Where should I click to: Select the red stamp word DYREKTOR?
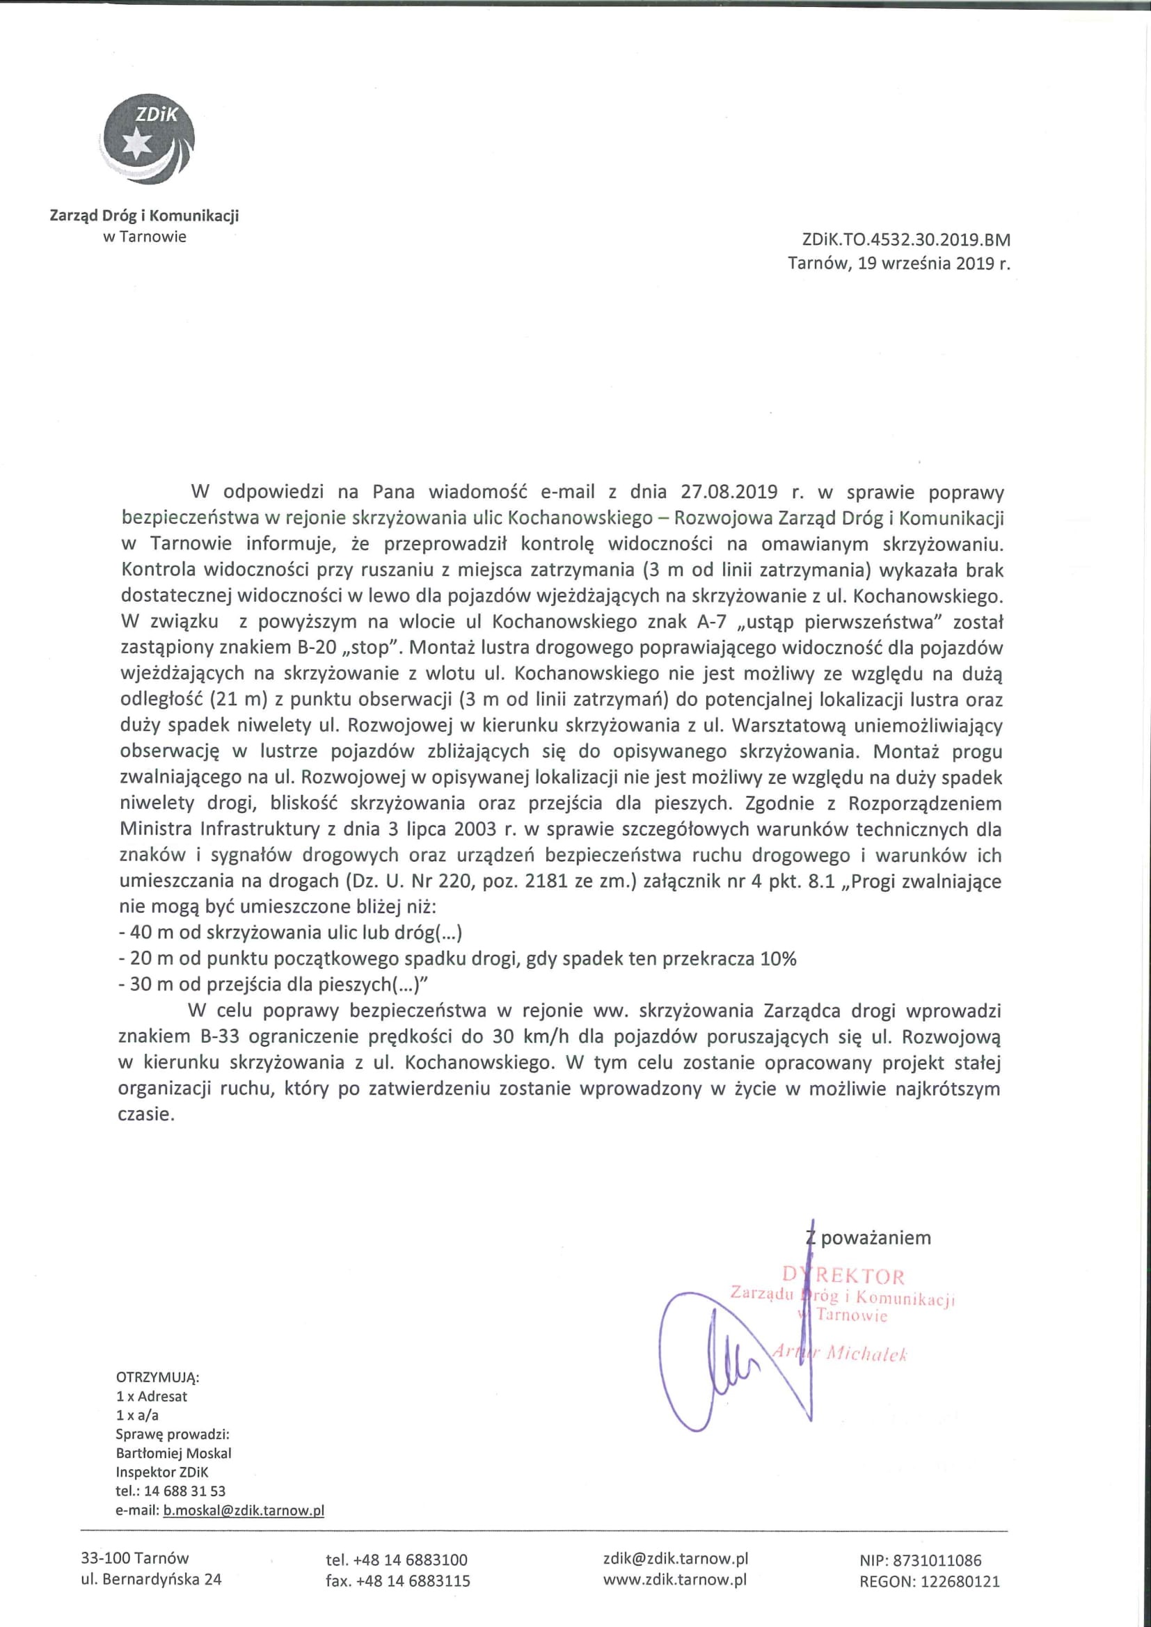843,1277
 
